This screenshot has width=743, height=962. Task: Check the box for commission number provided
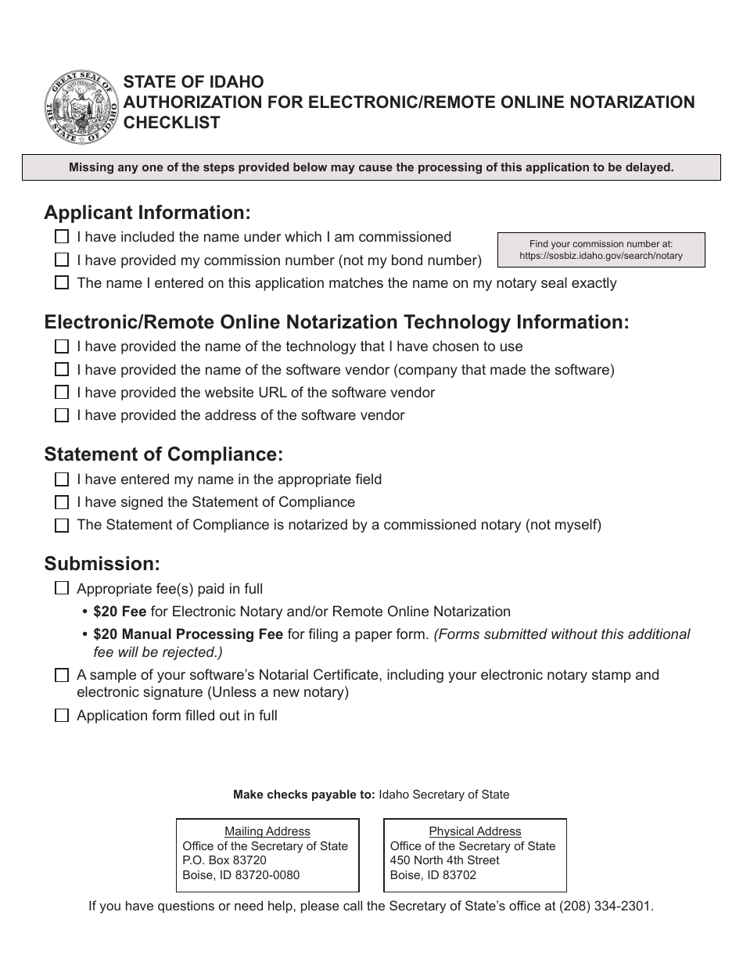pos(62,260)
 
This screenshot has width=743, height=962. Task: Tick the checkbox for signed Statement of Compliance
pos(62,502)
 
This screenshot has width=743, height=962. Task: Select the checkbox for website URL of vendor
pos(62,393)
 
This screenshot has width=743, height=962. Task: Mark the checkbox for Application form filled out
pos(62,716)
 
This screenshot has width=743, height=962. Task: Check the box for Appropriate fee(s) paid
pos(62,589)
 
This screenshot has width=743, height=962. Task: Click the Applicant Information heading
pos(148,213)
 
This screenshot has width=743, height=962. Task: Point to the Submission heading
pos(102,564)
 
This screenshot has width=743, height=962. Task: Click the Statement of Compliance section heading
pos(163,454)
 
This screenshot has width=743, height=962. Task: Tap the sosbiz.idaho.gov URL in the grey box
pos(601,256)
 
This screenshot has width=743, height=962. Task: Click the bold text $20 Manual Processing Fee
pos(188,634)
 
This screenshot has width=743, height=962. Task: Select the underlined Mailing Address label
pos(267,831)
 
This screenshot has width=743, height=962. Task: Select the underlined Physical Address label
pos(475,831)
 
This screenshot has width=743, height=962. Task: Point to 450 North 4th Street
pos(444,860)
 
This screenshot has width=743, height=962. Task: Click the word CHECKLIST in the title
pos(171,123)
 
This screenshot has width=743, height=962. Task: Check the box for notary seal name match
pos(62,283)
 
